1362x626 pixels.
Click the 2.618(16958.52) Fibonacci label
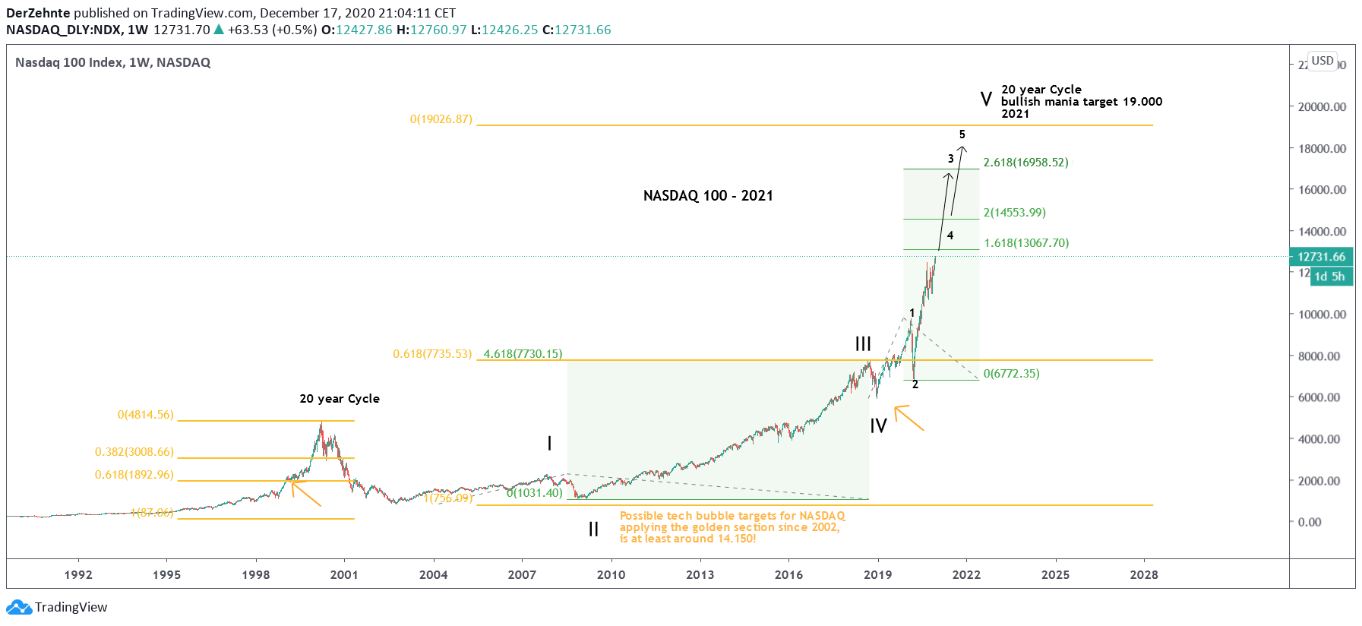click(1025, 163)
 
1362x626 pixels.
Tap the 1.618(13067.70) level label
click(1026, 243)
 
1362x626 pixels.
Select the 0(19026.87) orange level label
click(441, 119)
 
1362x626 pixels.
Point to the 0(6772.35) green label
click(1011, 374)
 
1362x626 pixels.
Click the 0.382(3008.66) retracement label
click(134, 452)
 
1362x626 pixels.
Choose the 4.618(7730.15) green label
click(523, 354)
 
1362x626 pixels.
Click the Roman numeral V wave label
click(986, 100)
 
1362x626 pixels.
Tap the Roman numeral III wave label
click(863, 344)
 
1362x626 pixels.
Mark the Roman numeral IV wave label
click(878, 426)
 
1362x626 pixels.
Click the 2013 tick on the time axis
click(700, 575)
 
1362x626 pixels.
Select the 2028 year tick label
click(1144, 575)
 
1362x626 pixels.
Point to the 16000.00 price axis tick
click(1322, 190)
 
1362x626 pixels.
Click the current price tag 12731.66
click(1321, 257)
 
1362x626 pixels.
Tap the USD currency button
click(1322, 61)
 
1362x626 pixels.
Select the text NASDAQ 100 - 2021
click(708, 196)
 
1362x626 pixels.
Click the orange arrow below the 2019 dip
click(909, 419)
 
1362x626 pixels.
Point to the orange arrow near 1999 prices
click(306, 493)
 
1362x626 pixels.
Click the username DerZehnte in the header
click(38, 13)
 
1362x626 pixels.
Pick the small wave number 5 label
click(962, 134)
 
